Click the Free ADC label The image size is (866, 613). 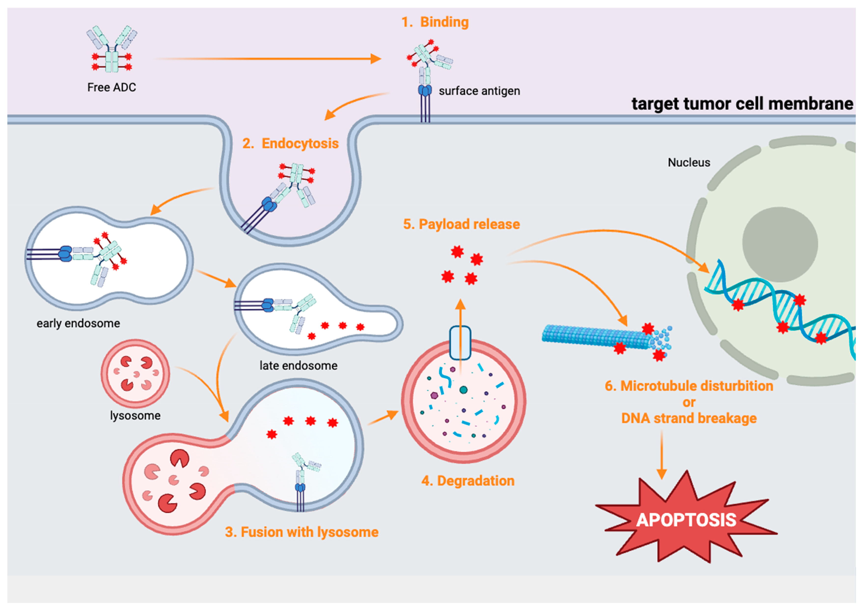point(112,88)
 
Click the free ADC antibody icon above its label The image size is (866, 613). point(112,49)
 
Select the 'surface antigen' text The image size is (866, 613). point(479,91)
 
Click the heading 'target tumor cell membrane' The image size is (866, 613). point(742,104)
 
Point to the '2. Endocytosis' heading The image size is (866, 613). point(290,144)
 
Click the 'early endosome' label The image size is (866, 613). point(78,323)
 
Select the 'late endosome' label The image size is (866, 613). point(298,366)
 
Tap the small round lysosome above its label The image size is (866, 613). point(135,373)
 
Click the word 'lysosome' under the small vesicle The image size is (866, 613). point(135,416)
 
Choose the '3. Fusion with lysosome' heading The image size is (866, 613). point(302,532)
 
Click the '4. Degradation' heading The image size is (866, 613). point(468,481)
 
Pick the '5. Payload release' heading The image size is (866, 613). point(461,224)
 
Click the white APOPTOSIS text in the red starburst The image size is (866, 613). point(686,520)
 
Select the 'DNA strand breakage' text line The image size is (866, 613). point(689,418)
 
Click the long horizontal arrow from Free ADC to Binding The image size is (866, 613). point(268,59)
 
